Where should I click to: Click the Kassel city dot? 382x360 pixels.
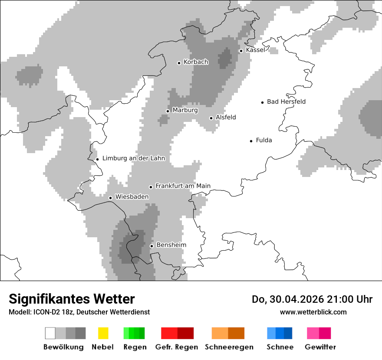tap(241, 51)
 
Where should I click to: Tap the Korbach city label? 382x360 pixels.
tap(196, 62)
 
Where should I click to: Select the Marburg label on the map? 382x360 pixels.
tap(185, 110)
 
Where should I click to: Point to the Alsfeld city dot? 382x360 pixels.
tap(211, 118)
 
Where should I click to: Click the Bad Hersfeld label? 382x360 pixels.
tap(286, 101)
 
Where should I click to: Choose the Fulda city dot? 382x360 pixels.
tap(251, 141)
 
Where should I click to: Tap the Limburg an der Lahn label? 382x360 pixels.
tap(134, 158)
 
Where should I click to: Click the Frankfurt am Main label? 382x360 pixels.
tap(183, 186)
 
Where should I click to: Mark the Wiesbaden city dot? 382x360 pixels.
tap(111, 198)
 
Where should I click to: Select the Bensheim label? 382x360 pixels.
tap(171, 245)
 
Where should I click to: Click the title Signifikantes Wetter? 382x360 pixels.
tap(72, 299)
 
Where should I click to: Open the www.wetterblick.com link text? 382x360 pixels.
tap(313, 312)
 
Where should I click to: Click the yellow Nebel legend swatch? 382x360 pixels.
tap(103, 333)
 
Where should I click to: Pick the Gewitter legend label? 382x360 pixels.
tap(320, 347)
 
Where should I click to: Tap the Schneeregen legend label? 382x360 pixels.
tap(229, 347)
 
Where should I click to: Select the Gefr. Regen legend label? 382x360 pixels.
tap(177, 347)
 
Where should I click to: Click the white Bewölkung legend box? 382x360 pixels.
tap(50, 333)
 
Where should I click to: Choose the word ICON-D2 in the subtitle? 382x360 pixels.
tap(43, 312)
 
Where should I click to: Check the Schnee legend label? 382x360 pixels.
tap(280, 347)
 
